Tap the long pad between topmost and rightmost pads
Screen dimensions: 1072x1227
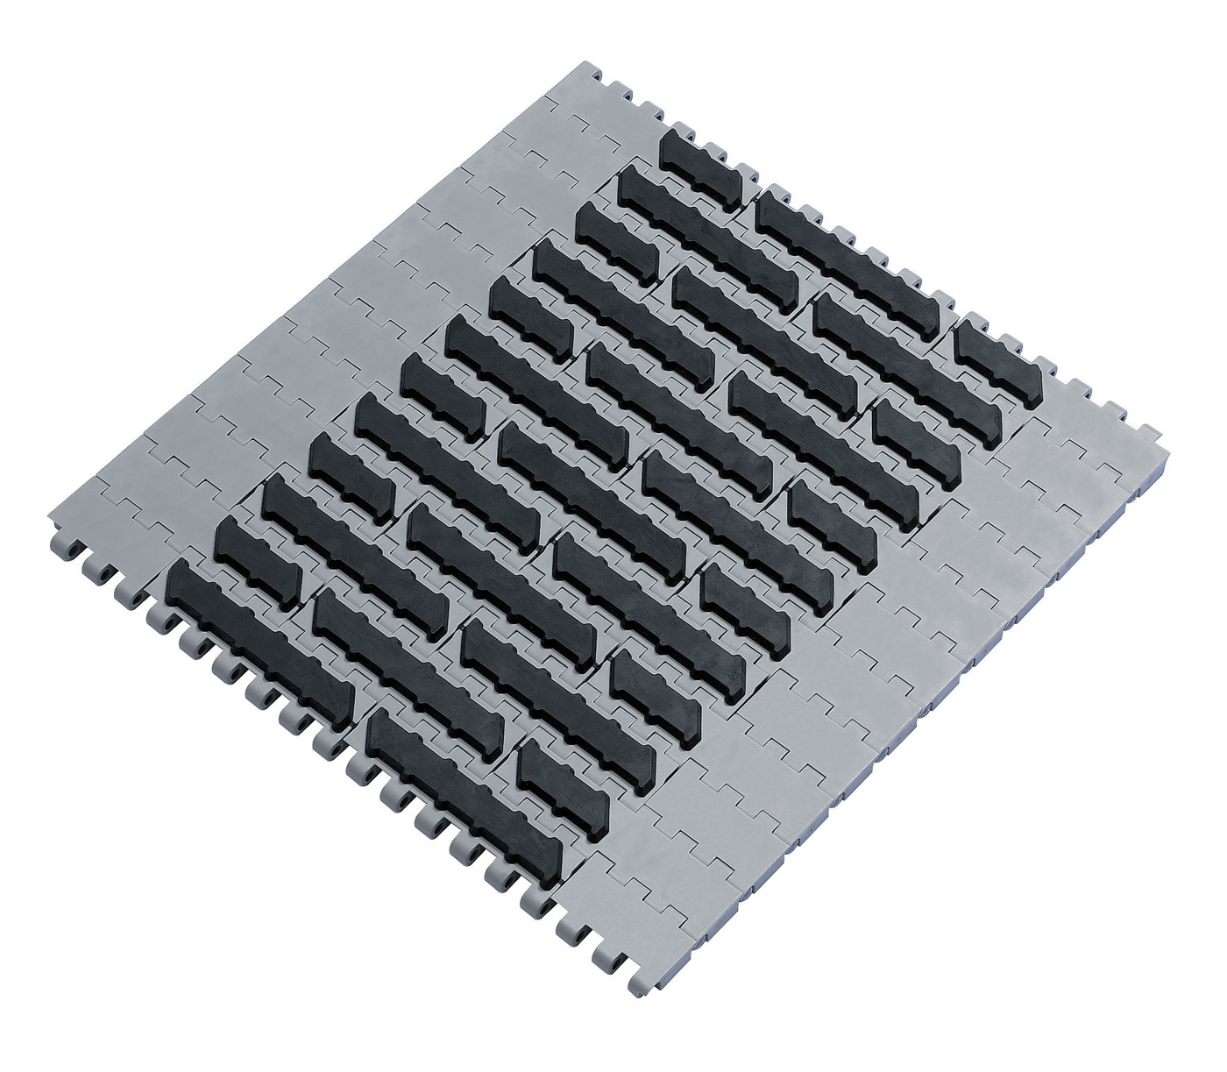click(851, 255)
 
